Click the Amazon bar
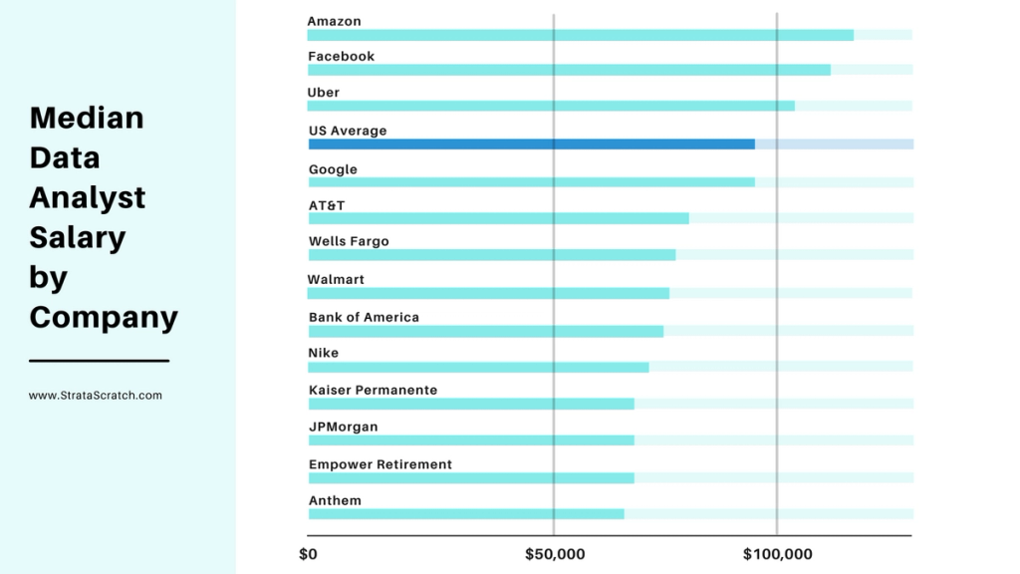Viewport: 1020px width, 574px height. click(580, 35)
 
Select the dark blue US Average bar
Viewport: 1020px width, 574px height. click(531, 143)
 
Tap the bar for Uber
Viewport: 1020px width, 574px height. click(551, 106)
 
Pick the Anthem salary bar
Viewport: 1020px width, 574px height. click(466, 514)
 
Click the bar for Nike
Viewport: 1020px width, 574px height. click(478, 367)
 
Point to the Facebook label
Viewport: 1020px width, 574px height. click(341, 57)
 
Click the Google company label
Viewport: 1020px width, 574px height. click(333, 169)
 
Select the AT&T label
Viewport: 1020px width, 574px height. click(327, 205)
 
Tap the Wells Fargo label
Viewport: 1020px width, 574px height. click(349, 241)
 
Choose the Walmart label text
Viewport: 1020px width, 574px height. click(336, 279)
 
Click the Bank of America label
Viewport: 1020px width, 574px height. click(364, 317)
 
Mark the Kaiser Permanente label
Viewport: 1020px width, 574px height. click(373, 390)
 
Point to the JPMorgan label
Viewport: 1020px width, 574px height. click(343, 427)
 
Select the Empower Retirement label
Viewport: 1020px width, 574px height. click(380, 464)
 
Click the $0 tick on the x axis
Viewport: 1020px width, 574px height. click(308, 554)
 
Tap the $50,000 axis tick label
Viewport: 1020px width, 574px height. click(554, 554)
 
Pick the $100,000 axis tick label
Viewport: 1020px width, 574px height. click(777, 554)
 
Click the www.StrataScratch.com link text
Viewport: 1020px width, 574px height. click(96, 396)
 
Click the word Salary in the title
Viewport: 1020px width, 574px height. click(77, 237)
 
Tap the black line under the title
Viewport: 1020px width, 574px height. click(99, 361)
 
